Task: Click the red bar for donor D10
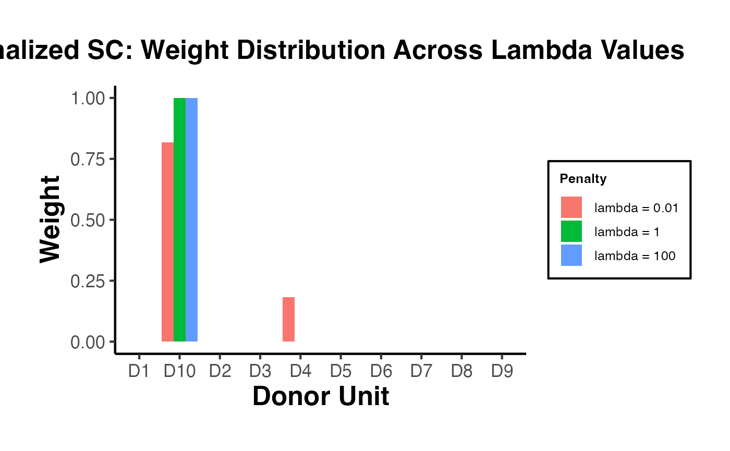167,242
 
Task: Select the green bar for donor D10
179,220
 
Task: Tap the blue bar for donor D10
191,220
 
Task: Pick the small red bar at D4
288,319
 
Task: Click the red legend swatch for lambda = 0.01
571,208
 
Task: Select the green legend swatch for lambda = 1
571,231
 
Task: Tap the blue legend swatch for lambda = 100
571,255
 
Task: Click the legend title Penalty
583,179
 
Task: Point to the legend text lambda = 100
635,256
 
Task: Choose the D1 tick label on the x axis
139,372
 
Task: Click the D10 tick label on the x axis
179,372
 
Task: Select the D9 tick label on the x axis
502,372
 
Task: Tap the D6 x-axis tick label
381,372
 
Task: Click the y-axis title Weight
51,220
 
